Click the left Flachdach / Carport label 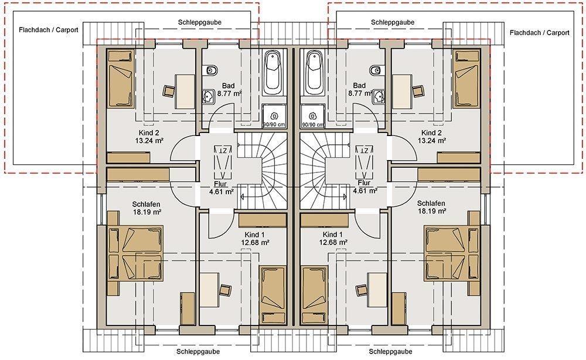(x=49, y=30)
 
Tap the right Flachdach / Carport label (x=539, y=33)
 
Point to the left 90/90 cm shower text (x=274, y=124)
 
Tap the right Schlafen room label (x=431, y=203)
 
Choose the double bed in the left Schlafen (x=136, y=253)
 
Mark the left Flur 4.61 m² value (x=222, y=192)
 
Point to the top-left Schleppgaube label (x=200, y=22)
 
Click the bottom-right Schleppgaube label (x=390, y=351)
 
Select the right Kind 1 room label (x=333, y=235)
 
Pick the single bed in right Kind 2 (x=466, y=80)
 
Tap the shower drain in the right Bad (x=313, y=114)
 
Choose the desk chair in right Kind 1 (x=362, y=289)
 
